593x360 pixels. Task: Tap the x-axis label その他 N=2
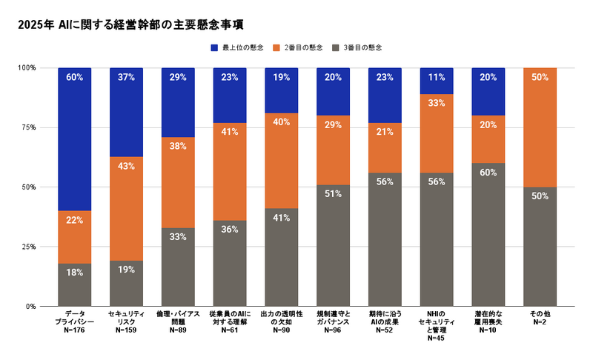tap(540, 319)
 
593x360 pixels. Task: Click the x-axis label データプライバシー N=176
tap(74, 323)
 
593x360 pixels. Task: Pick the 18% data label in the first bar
tap(74, 273)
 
